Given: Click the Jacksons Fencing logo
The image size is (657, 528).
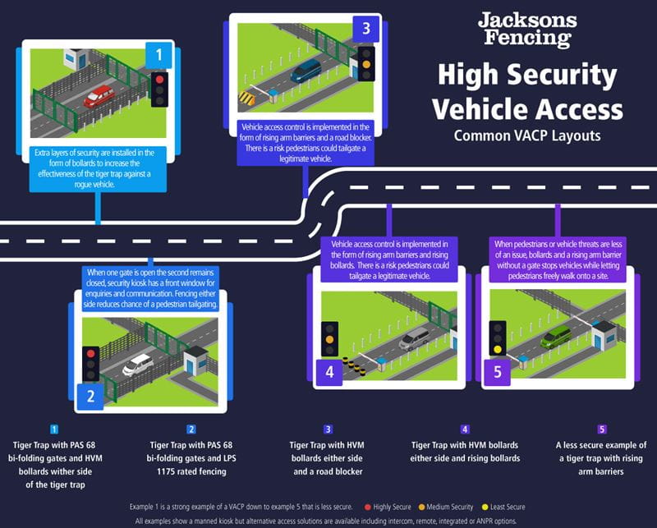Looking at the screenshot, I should [x=527, y=30].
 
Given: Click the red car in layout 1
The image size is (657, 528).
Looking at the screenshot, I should [x=99, y=95].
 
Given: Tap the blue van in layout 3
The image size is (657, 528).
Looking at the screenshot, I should [x=306, y=71].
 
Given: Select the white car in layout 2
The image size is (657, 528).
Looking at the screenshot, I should [x=138, y=364].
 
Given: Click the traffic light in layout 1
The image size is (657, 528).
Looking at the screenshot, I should [x=159, y=88].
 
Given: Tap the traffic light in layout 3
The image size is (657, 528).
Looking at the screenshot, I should [x=365, y=62].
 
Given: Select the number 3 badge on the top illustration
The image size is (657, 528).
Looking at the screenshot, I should [x=365, y=28].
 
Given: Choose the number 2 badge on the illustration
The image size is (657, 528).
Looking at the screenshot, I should [x=91, y=397].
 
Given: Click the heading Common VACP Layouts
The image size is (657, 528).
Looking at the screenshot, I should [x=527, y=135].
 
